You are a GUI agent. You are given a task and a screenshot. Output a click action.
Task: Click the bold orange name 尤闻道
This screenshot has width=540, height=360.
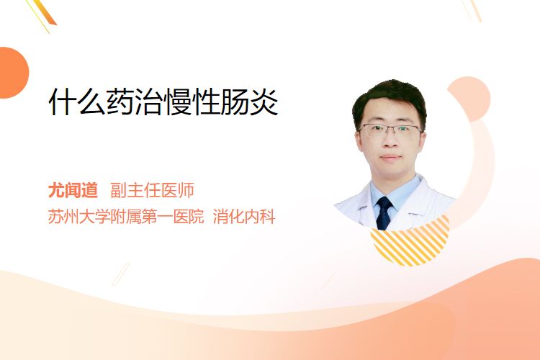(x=73, y=190)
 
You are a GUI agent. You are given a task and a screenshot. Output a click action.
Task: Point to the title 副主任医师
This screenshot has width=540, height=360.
(x=152, y=190)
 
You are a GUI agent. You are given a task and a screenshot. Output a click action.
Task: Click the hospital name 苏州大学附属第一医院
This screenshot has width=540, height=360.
(x=126, y=217)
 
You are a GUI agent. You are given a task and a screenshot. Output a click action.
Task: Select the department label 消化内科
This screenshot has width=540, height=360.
(x=244, y=217)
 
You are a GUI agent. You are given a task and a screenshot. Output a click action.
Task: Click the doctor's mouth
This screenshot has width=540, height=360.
(x=391, y=158)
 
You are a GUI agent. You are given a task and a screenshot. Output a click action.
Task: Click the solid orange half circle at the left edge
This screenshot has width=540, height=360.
(x=13, y=73)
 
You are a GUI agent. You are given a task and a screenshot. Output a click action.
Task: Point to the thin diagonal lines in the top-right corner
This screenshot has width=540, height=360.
(x=472, y=10)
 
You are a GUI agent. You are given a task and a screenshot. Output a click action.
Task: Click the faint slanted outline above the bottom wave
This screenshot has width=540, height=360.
(x=121, y=274)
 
